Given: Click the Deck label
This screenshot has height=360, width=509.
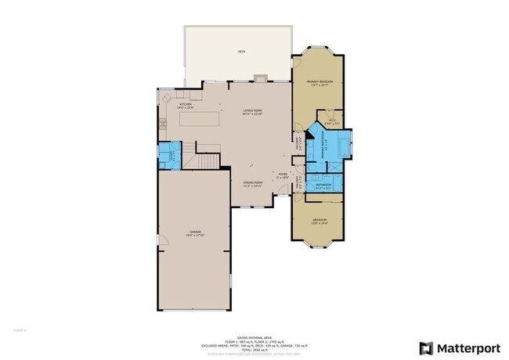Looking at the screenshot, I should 242,52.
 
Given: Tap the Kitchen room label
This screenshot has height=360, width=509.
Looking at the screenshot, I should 186,106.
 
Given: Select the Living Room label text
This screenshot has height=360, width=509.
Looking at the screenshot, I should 251,113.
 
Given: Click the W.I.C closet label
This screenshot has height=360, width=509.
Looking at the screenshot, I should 332,122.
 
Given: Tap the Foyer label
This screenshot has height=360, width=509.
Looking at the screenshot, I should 281,175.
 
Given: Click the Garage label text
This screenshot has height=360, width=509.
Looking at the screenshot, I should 196,234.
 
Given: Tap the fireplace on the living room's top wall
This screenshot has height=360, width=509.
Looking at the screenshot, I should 259,77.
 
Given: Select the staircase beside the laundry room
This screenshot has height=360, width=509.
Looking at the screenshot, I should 208,160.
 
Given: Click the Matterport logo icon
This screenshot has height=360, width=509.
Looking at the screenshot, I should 426,347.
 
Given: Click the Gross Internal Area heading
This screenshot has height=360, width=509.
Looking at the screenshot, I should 254,335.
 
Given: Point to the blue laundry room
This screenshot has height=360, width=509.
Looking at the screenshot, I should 169,154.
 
